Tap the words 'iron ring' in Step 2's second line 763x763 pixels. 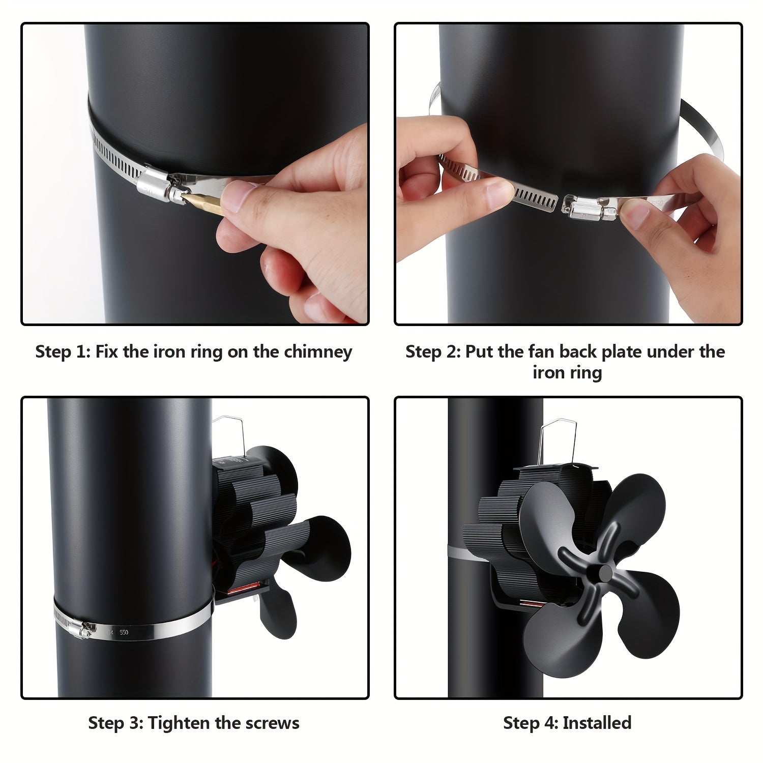pyautogui.click(x=567, y=373)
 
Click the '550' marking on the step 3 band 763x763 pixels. pyautogui.click(x=124, y=633)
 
